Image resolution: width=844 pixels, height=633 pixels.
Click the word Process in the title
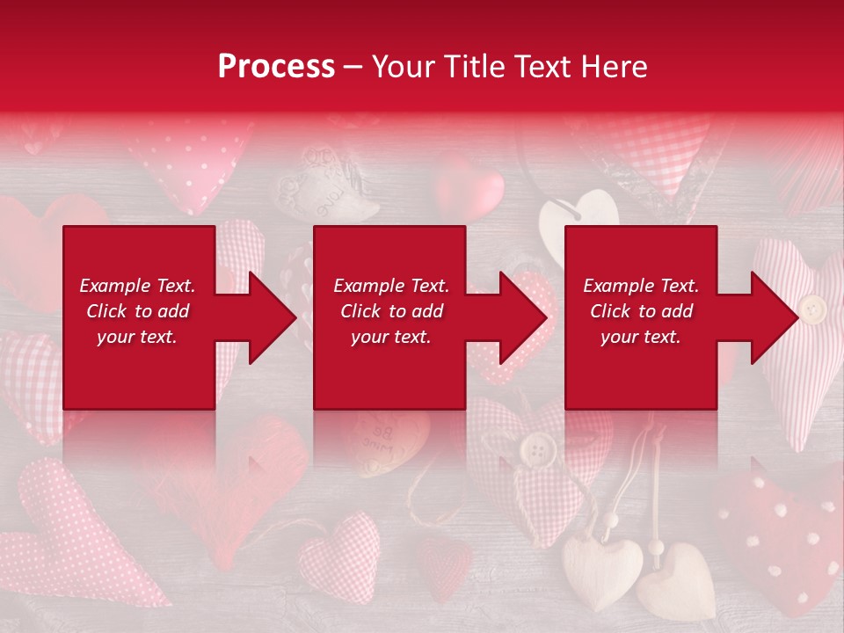click(276, 67)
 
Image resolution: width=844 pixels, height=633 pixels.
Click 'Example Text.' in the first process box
click(137, 286)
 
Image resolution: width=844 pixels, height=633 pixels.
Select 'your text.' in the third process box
click(641, 337)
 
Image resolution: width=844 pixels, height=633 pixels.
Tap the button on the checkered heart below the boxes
click(533, 452)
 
